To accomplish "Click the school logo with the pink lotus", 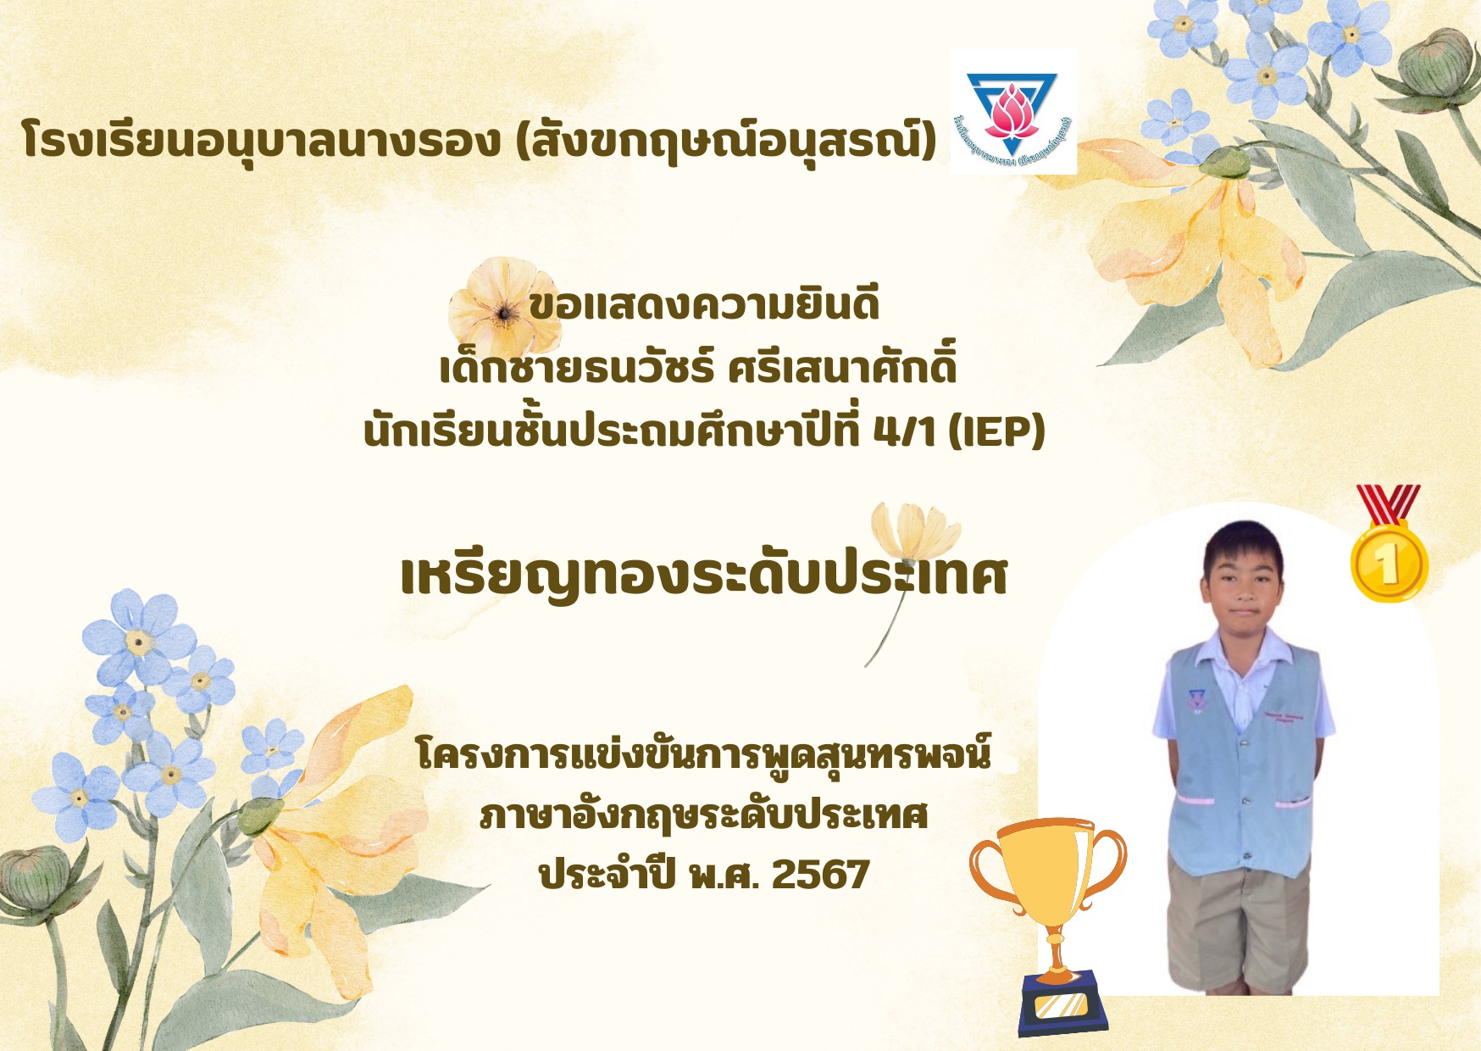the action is tap(1013, 111).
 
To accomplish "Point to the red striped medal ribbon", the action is tap(1388, 503).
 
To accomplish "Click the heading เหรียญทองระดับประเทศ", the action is tap(704, 576).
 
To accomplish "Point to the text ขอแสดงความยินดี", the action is tap(704, 305).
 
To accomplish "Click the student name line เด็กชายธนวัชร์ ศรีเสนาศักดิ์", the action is tap(699, 368).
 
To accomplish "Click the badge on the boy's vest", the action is tap(1195, 700).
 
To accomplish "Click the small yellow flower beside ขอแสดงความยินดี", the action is tap(502, 308).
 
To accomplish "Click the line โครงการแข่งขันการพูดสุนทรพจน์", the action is tap(704, 753).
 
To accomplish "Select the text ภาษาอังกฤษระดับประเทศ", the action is tap(704, 815).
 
